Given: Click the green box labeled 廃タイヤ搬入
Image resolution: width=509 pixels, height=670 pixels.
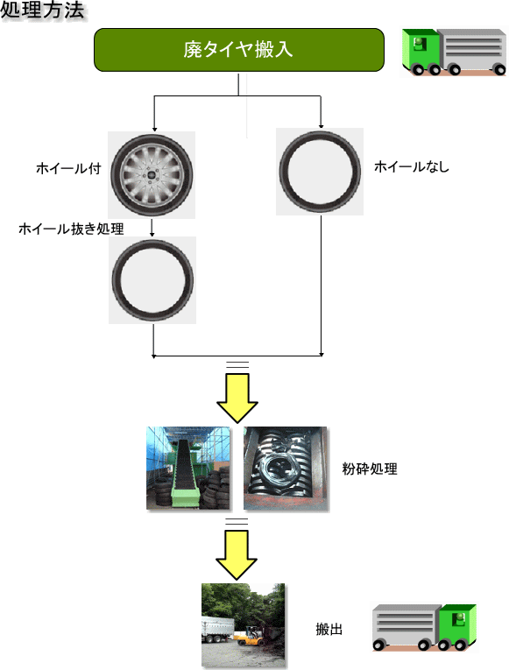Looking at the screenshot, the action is point(239,50).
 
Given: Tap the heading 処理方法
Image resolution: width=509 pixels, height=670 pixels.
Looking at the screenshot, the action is point(42,11).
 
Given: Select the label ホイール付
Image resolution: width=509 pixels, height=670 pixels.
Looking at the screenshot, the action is point(68,168).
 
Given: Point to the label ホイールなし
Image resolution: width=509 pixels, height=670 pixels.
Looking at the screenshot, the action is point(412,166).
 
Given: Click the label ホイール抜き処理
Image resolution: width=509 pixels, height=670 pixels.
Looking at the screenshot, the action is point(71,229).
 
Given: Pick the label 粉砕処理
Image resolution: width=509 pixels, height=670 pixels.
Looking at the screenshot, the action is point(370,469).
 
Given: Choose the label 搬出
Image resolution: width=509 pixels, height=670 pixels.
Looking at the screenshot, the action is point(329,629).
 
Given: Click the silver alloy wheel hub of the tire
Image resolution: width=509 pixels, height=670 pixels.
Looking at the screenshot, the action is point(152,175).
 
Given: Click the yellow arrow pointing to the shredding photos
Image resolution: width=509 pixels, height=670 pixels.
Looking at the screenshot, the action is point(237,398).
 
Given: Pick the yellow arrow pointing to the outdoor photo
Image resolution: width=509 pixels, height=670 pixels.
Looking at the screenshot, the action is point(237,554).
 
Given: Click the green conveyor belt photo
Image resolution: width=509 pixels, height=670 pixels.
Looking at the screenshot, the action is point(188,468).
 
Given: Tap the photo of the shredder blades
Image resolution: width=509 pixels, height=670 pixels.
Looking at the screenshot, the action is point(286,469).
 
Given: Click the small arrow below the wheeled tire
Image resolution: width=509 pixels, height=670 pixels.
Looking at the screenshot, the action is point(152,228).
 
